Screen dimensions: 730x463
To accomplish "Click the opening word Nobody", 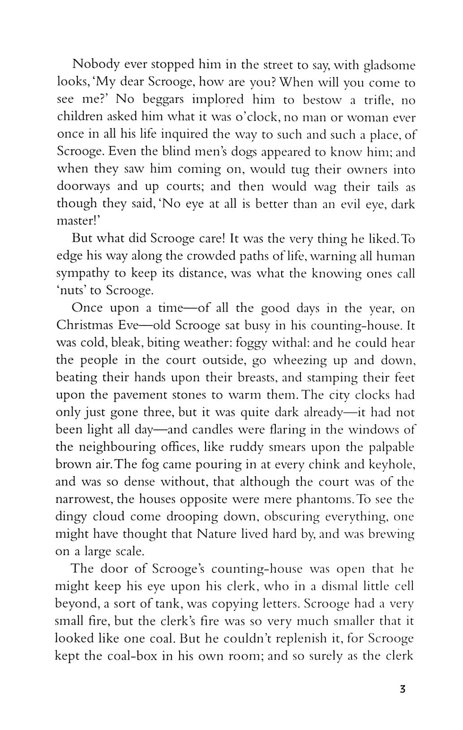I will coord(95,65).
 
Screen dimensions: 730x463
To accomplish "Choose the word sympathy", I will coord(82,274).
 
